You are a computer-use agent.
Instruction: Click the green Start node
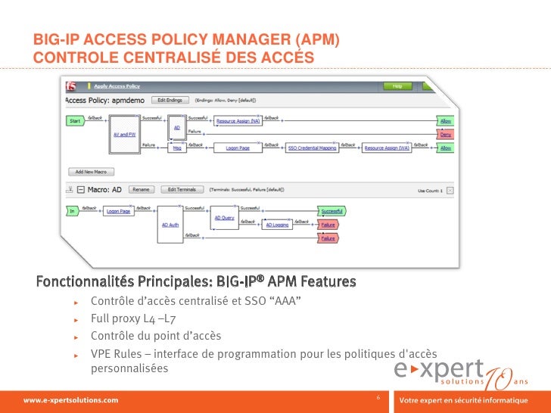point(76,121)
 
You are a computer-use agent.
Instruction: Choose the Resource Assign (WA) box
point(387,148)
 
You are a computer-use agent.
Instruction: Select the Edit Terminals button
point(182,189)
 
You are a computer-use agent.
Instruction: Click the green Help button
point(397,86)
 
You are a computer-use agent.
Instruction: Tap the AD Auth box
point(170,224)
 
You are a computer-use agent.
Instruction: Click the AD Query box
point(225,218)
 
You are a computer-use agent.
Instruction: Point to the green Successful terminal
point(332,211)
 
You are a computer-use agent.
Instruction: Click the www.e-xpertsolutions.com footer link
point(71,399)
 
